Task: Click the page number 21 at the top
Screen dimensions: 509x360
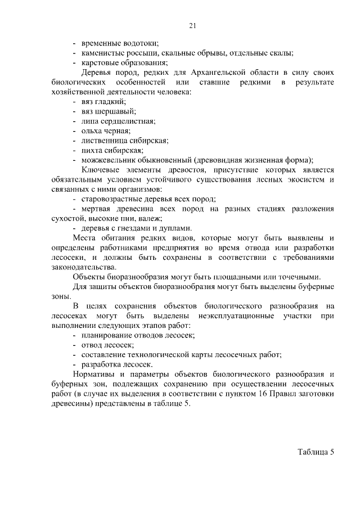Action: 192,25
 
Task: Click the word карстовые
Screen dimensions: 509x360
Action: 100,63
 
